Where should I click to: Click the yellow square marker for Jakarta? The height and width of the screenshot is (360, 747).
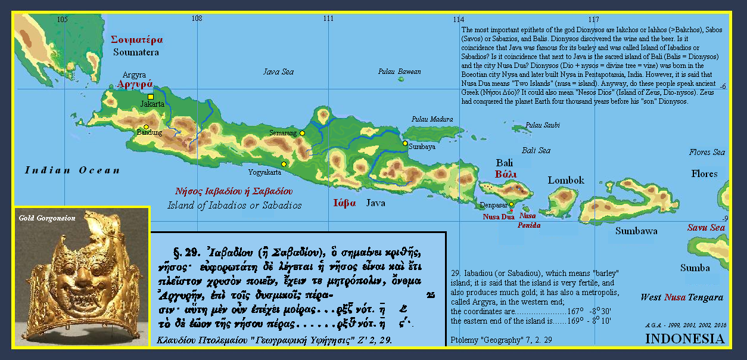(151, 97)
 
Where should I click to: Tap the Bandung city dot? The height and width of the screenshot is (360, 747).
(146, 126)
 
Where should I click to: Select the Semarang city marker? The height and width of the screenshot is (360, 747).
(302, 134)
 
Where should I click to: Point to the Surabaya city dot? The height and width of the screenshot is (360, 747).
(405, 143)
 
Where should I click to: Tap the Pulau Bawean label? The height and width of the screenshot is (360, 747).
(399, 72)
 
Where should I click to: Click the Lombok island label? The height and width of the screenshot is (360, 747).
(566, 180)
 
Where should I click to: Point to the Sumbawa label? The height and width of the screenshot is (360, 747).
(636, 231)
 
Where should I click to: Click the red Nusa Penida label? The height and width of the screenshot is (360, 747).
(529, 221)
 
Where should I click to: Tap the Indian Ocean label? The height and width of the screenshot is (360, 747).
(72, 170)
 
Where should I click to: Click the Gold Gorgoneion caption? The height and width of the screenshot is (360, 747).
(46, 218)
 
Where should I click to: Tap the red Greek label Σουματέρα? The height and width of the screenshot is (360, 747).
(137, 40)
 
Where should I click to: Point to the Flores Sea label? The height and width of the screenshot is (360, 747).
(707, 153)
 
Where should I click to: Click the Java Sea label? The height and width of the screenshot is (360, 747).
(279, 72)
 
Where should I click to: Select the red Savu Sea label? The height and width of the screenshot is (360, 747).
(706, 228)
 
